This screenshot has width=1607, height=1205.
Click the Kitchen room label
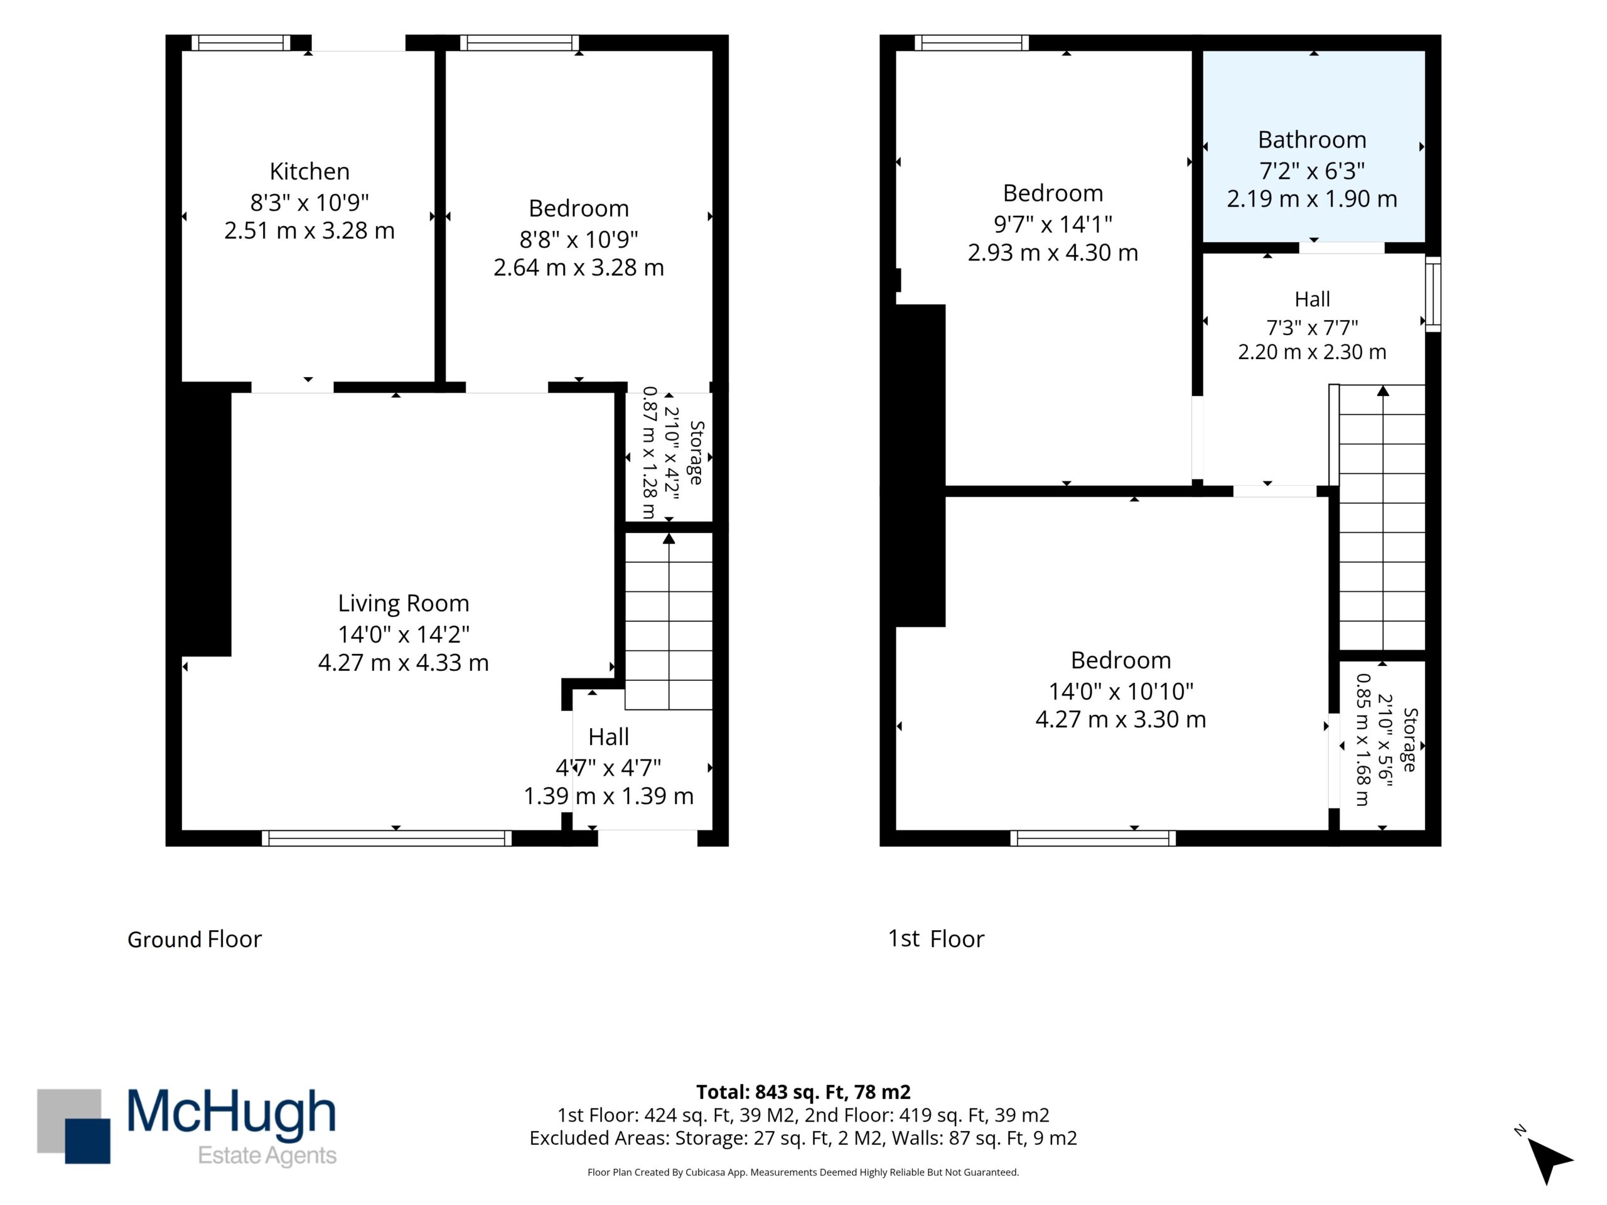click(309, 171)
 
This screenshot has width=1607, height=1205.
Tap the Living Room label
click(403, 603)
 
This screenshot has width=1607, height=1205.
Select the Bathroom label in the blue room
click(1312, 139)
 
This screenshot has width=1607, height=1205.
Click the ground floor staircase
click(669, 621)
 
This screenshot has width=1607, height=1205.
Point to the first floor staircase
click(1382, 517)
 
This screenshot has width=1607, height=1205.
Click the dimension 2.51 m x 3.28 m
click(309, 230)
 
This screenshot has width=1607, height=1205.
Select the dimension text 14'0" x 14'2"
click(403, 634)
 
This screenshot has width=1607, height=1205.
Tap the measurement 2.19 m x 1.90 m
click(1312, 199)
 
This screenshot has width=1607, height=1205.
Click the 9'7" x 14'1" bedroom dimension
click(1053, 225)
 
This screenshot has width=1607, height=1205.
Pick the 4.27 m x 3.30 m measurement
click(1121, 719)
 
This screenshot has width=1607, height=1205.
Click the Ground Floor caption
click(194, 939)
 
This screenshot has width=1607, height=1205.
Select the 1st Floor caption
click(936, 938)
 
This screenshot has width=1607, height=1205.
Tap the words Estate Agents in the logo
click(267, 1155)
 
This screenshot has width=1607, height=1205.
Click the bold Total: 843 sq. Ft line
click(803, 1091)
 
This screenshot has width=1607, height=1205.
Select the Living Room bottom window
click(387, 838)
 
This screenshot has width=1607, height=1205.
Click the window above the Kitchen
click(241, 43)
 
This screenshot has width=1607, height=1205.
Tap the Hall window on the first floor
click(1432, 294)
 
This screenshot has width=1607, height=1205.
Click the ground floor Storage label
click(696, 453)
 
